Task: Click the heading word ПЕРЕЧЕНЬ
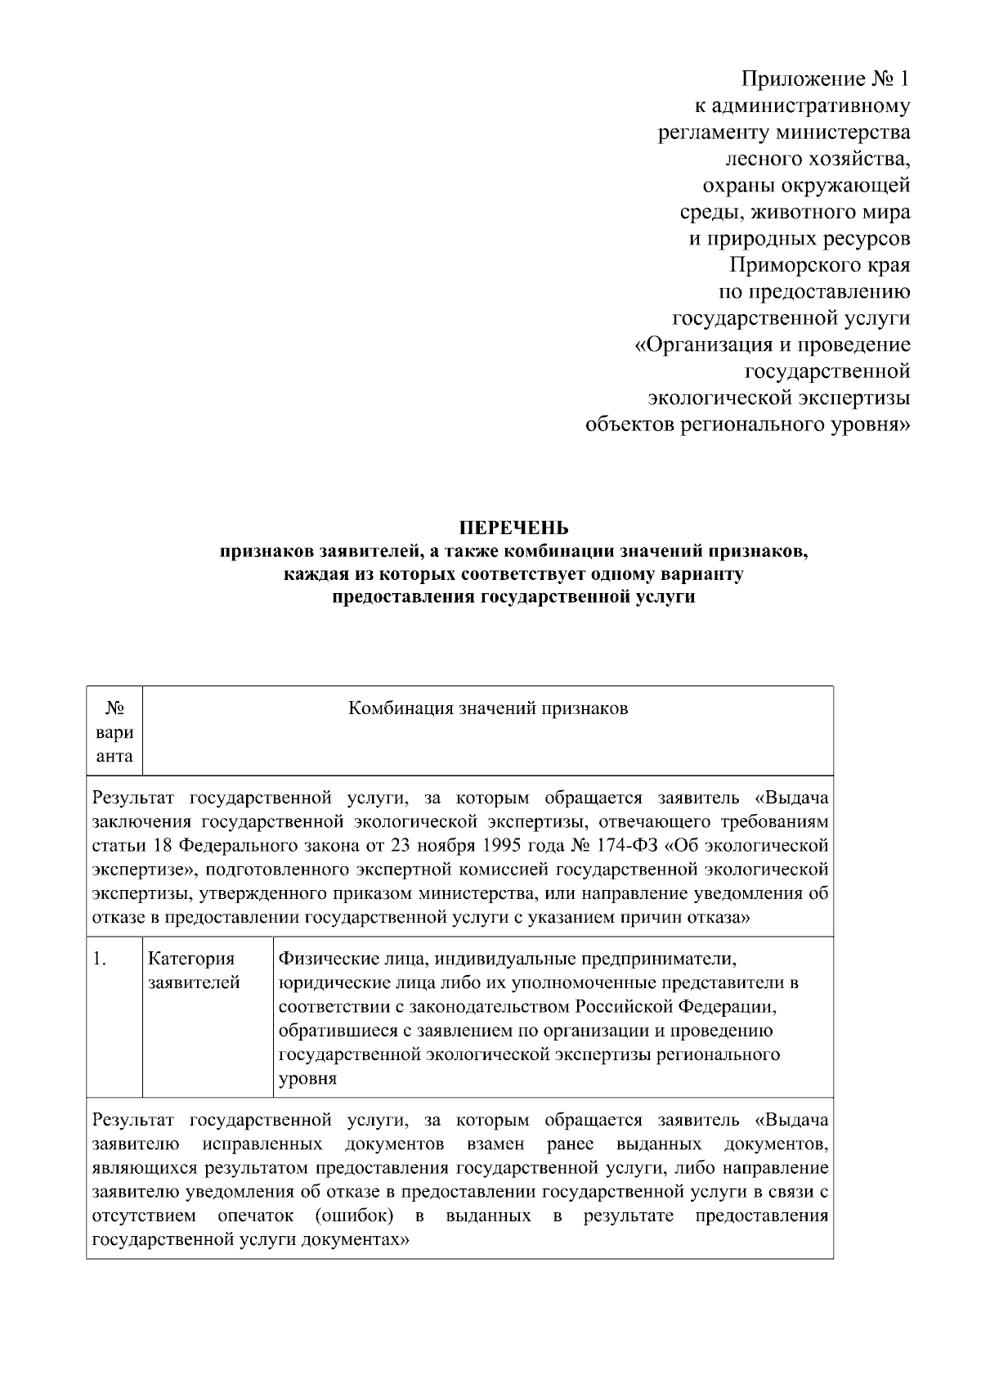click(x=513, y=526)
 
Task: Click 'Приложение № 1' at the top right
click(x=825, y=79)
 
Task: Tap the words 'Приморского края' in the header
click(x=819, y=265)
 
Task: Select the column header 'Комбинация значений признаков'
click(x=488, y=708)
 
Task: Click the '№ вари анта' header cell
click(x=114, y=730)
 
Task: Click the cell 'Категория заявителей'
click(x=194, y=970)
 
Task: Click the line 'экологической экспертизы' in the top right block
click(x=778, y=398)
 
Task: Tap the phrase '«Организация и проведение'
click(x=773, y=345)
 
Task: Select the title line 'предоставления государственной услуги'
click(x=513, y=596)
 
